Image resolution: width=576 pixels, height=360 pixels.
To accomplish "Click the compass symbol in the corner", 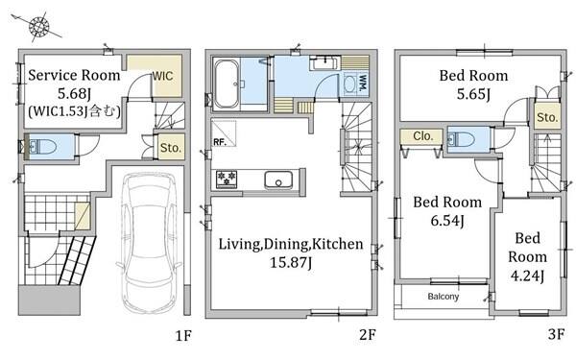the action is pyautogui.click(x=38, y=27).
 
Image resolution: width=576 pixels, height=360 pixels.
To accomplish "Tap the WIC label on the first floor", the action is pyautogui.click(x=162, y=76).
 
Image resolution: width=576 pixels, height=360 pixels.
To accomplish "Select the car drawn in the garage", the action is pyautogui.click(x=150, y=243).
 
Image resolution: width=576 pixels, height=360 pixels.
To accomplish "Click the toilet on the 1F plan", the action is pyautogui.click(x=42, y=147).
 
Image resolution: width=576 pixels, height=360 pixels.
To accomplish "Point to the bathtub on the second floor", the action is pyautogui.click(x=227, y=84).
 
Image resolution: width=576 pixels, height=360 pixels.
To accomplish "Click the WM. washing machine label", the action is pyautogui.click(x=363, y=84).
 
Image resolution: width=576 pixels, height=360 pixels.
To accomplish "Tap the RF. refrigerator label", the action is pyautogui.click(x=220, y=142).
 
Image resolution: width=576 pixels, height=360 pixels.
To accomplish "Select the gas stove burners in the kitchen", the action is pyautogui.click(x=227, y=179).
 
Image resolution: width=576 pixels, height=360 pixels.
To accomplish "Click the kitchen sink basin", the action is pyautogui.click(x=278, y=180).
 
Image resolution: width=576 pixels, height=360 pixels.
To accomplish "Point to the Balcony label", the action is pyautogui.click(x=444, y=296).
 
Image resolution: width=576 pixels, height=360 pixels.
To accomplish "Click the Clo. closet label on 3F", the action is pyautogui.click(x=422, y=136).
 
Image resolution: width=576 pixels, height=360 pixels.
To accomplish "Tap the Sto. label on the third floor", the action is pyautogui.click(x=547, y=117).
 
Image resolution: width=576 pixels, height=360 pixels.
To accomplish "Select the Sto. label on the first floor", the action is pyautogui.click(x=171, y=148).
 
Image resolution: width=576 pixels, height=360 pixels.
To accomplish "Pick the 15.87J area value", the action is pyautogui.click(x=291, y=263).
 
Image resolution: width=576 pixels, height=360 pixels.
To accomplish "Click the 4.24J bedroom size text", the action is pyautogui.click(x=527, y=276).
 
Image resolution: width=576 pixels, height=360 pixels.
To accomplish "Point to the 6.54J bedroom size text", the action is pyautogui.click(x=447, y=221).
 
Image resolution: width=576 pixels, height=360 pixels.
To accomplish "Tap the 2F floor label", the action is pyautogui.click(x=368, y=335).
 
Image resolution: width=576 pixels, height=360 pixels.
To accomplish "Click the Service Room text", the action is pyautogui.click(x=74, y=75).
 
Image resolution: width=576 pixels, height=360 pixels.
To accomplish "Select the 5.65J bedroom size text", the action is pyautogui.click(x=474, y=94).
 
